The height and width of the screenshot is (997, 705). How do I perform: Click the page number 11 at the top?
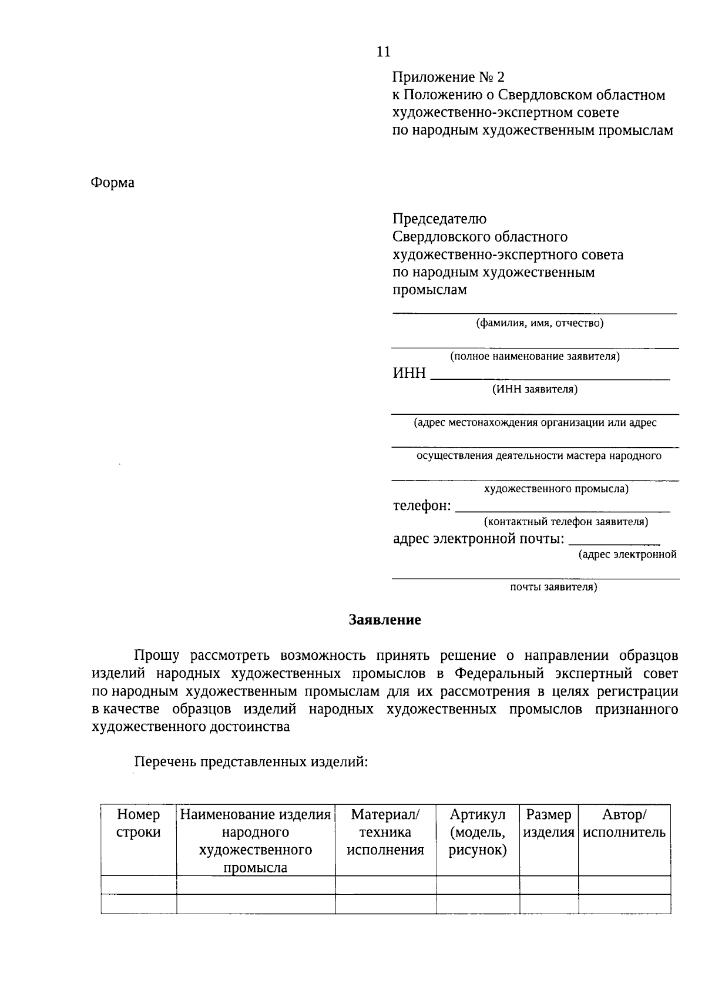click(x=382, y=52)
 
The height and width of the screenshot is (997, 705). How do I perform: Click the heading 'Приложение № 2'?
click(x=448, y=78)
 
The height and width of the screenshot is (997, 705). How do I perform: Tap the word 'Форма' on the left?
click(x=112, y=183)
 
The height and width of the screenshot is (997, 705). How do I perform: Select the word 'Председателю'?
click(x=439, y=219)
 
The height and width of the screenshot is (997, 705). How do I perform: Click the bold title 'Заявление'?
click(x=385, y=620)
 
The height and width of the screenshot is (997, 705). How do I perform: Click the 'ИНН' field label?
click(x=409, y=373)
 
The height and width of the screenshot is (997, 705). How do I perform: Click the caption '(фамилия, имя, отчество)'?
click(x=539, y=323)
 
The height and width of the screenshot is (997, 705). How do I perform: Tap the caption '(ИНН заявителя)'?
click(x=535, y=389)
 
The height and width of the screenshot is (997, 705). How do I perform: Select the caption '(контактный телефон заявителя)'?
click(x=566, y=522)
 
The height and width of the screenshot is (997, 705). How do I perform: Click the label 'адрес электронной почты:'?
click(x=478, y=539)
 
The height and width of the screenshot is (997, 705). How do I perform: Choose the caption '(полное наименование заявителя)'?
click(x=535, y=356)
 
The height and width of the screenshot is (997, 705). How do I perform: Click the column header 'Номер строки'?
click(x=139, y=824)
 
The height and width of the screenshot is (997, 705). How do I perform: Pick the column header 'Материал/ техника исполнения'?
click(x=385, y=832)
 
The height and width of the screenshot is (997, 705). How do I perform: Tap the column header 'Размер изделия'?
click(x=549, y=824)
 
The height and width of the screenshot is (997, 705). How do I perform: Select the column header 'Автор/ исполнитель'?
click(x=625, y=824)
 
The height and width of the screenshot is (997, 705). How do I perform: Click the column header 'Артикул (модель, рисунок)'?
click(x=478, y=832)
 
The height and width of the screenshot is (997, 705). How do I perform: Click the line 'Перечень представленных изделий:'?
click(x=251, y=763)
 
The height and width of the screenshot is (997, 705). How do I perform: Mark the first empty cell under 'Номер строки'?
click(x=139, y=885)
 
